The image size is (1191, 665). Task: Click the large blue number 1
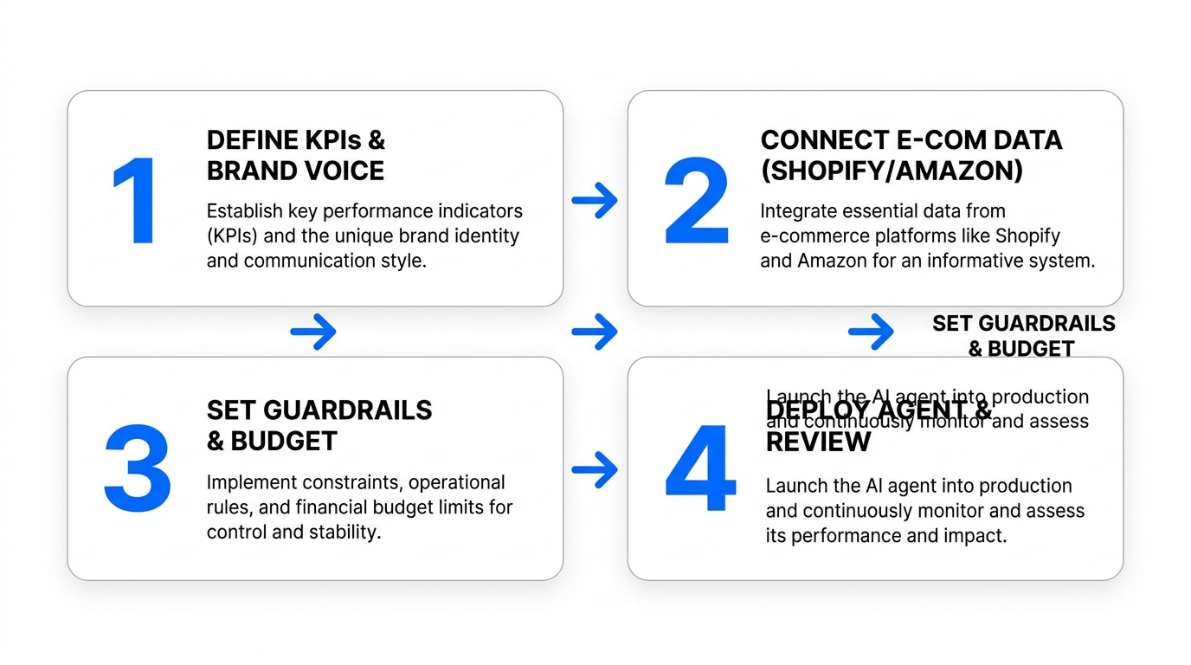tap(136, 201)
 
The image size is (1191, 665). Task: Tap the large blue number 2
tap(697, 201)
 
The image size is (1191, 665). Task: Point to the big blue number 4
tap(700, 469)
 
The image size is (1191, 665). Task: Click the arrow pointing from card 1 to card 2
tap(595, 201)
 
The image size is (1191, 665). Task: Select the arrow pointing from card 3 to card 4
tap(595, 469)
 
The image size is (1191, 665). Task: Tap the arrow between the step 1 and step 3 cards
tap(312, 332)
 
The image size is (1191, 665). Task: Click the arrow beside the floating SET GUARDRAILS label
tap(871, 332)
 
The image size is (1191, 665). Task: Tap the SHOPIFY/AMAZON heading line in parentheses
tap(892, 171)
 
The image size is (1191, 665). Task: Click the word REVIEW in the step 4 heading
tap(818, 442)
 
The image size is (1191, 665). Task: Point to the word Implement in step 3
tap(248, 482)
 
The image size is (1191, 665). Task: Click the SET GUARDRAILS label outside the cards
tap(1023, 324)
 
